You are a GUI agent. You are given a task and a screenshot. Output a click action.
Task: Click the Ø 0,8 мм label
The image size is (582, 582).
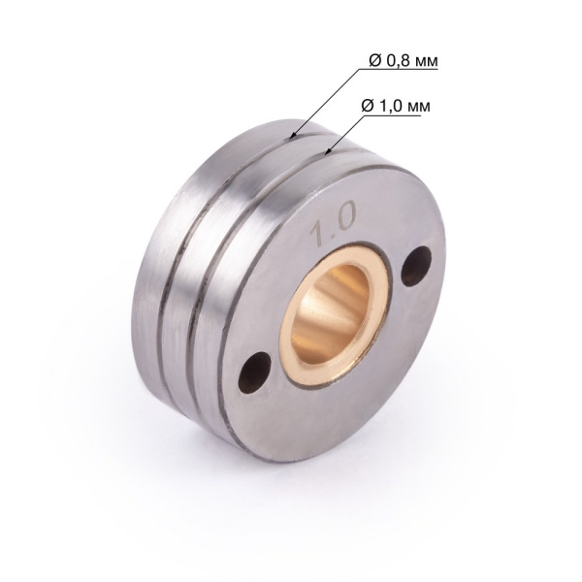404,61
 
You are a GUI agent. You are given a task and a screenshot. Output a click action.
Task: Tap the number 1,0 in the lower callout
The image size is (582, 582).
390,104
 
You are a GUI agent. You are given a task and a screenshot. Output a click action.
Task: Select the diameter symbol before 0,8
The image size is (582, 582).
374,61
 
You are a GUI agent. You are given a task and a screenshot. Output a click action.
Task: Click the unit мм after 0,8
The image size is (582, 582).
426,61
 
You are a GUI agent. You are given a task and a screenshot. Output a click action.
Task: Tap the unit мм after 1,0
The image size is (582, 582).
419,104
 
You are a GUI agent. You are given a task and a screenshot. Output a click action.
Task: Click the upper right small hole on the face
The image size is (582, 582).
417,265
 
